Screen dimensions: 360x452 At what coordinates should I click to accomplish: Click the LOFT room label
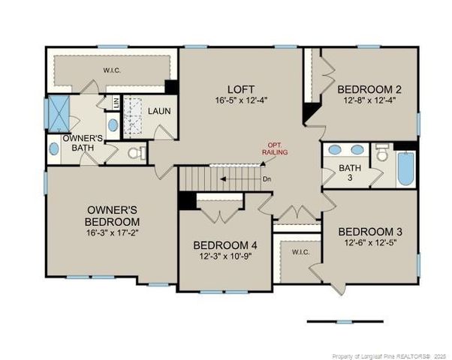(240, 88)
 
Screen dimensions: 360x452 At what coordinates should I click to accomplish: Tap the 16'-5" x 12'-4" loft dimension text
(240, 100)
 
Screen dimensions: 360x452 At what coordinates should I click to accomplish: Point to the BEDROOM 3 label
(368, 231)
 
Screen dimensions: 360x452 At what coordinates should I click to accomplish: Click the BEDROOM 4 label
(224, 245)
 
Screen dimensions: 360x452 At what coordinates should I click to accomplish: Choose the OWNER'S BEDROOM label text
(112, 216)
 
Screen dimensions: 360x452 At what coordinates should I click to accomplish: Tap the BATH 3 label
(347, 172)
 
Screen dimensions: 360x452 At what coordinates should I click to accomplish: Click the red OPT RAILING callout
(274, 148)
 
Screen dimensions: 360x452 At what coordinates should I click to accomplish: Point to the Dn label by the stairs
(267, 179)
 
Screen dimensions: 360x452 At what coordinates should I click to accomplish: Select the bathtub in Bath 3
(405, 170)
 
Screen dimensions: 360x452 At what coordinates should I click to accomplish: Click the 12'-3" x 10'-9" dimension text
(224, 257)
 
